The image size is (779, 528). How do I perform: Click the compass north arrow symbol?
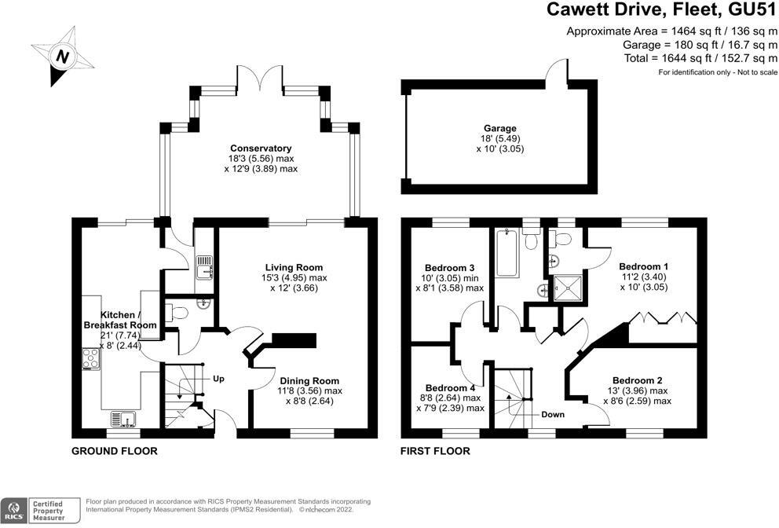[62, 57]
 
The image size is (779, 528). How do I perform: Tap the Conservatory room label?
[261, 148]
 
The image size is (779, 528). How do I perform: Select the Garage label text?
[500, 128]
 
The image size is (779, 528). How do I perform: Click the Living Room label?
[294, 267]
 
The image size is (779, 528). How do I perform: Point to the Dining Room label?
[309, 381]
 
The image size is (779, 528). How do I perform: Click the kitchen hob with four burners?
[91, 359]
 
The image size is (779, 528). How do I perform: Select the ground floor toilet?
[177, 313]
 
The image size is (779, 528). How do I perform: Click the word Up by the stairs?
[218, 379]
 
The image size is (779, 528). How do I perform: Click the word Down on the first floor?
[553, 414]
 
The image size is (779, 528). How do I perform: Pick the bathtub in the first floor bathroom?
[507, 252]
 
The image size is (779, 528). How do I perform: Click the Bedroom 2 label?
[638, 380]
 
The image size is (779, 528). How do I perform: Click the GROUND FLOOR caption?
[115, 451]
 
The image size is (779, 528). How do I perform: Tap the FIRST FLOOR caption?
[435, 451]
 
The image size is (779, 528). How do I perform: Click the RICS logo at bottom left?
[14, 511]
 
